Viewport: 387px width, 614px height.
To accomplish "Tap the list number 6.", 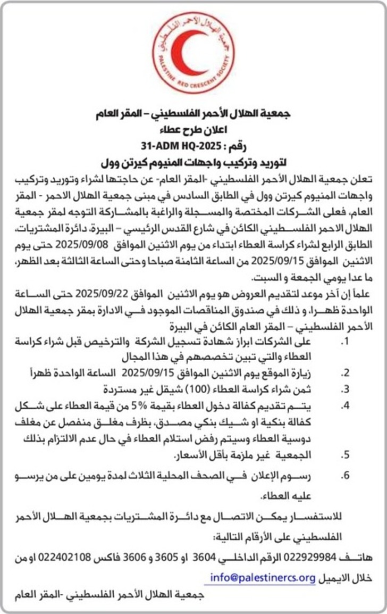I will [x=345, y=476].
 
